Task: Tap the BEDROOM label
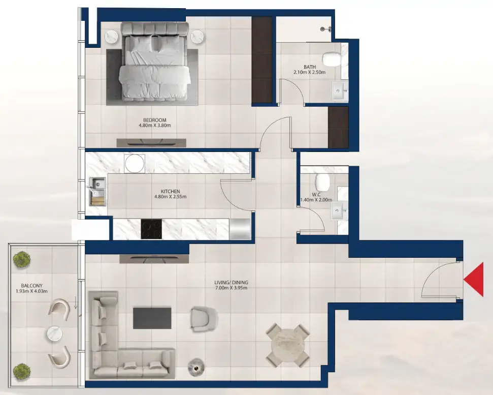pyautogui.click(x=155, y=120)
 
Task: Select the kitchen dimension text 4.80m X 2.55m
pyautogui.click(x=171, y=197)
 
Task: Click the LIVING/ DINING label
pyautogui.click(x=231, y=282)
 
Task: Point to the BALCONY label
pyautogui.click(x=32, y=286)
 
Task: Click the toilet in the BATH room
pyautogui.click(x=332, y=59)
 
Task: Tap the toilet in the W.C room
pyautogui.click(x=322, y=182)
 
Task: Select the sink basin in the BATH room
pyautogui.click(x=340, y=92)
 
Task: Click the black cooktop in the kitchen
pyautogui.click(x=151, y=229)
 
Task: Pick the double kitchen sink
pyautogui.click(x=97, y=191)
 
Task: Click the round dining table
pyautogui.click(x=288, y=345)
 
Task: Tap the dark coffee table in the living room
pyautogui.click(x=152, y=318)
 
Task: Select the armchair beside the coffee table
pyautogui.click(x=204, y=319)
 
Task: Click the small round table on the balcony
pyautogui.click(x=55, y=333)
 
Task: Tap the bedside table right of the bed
pyautogui.click(x=196, y=37)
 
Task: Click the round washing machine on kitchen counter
pyautogui.click(x=135, y=164)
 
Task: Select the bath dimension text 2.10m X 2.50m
pyautogui.click(x=309, y=72)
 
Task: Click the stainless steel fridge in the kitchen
pyautogui.click(x=240, y=229)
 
